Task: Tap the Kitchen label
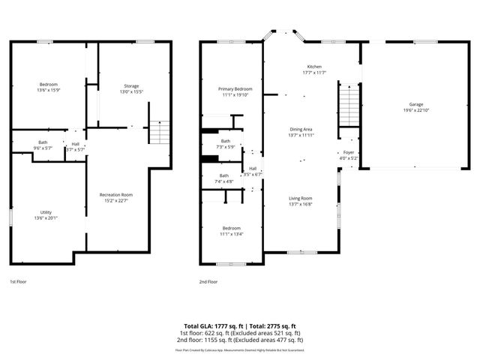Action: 314,67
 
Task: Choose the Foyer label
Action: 349,152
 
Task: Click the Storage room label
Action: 131,86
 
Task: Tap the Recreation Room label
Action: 116,195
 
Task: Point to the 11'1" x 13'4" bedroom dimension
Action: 231,233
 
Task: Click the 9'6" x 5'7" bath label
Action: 43,148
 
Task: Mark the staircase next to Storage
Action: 157,132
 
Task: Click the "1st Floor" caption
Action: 19,282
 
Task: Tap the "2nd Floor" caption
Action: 208,282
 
